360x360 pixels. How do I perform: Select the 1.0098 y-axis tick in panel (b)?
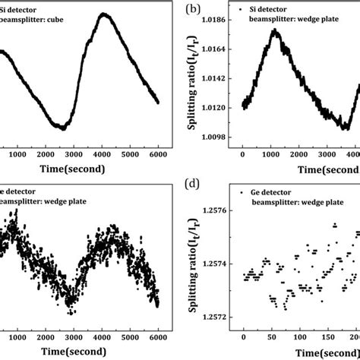220,137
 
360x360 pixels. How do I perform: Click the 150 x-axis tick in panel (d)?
330,336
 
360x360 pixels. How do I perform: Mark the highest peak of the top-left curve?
104,14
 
